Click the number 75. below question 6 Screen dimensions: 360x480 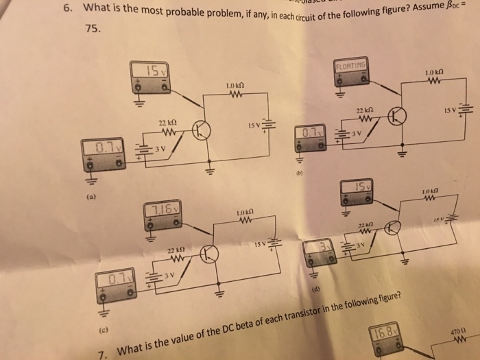[93, 29]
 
